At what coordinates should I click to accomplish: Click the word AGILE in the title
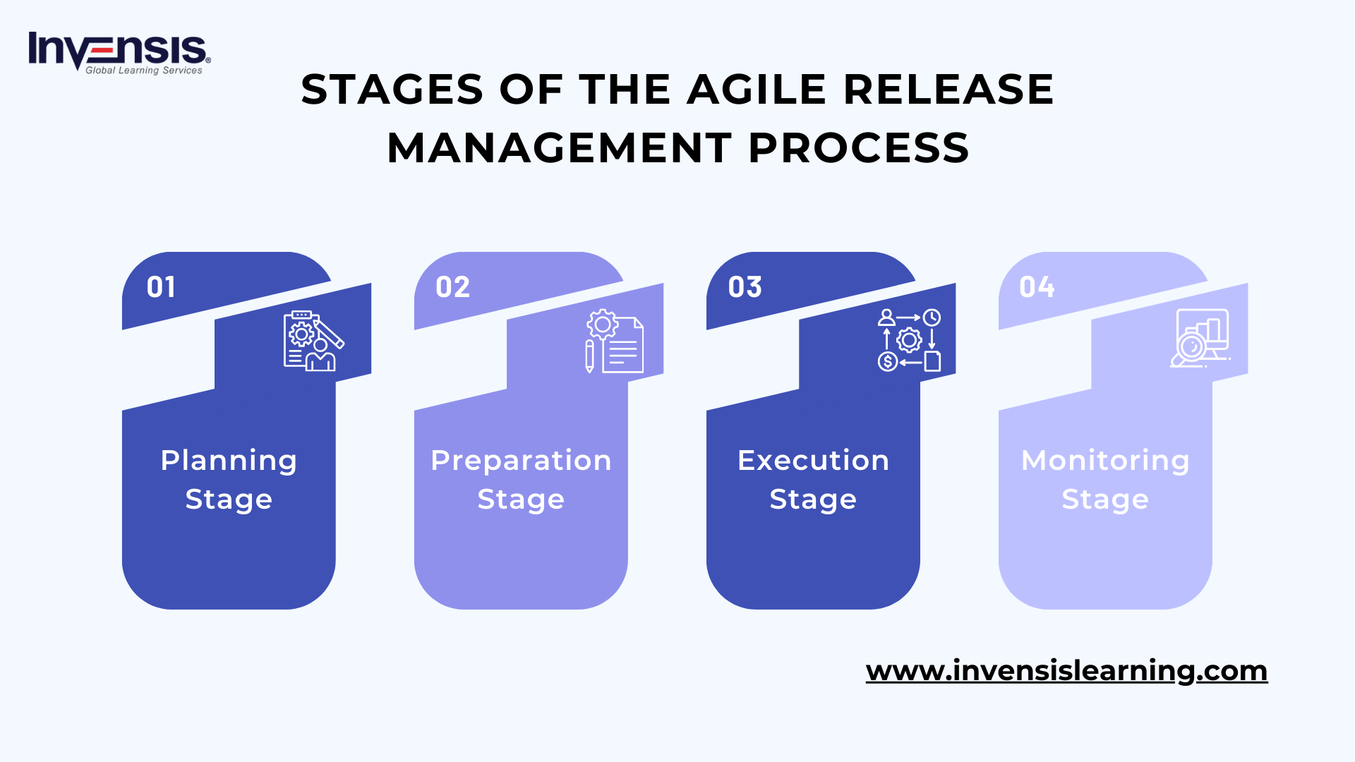[756, 90]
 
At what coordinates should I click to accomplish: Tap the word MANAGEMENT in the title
[559, 148]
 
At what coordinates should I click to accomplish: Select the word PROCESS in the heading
[859, 148]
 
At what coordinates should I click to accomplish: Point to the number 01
[161, 287]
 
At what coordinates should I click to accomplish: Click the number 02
[452, 287]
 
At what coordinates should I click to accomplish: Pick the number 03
[745, 287]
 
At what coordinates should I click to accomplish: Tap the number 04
[1037, 287]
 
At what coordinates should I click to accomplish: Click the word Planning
[229, 461]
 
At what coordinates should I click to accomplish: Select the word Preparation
[521, 461]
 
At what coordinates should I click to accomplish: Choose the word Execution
[813, 461]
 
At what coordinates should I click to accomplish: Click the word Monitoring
[1105, 461]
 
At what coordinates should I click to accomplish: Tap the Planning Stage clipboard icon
[313, 341]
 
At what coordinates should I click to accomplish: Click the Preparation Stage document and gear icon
[614, 341]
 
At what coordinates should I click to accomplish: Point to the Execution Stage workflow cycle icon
[909, 340]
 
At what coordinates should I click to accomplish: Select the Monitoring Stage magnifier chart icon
[1200, 339]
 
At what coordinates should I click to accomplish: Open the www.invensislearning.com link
[1066, 670]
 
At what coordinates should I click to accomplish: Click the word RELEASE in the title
[948, 90]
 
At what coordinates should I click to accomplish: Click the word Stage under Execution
[813, 500]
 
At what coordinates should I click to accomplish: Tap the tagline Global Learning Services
[144, 71]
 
